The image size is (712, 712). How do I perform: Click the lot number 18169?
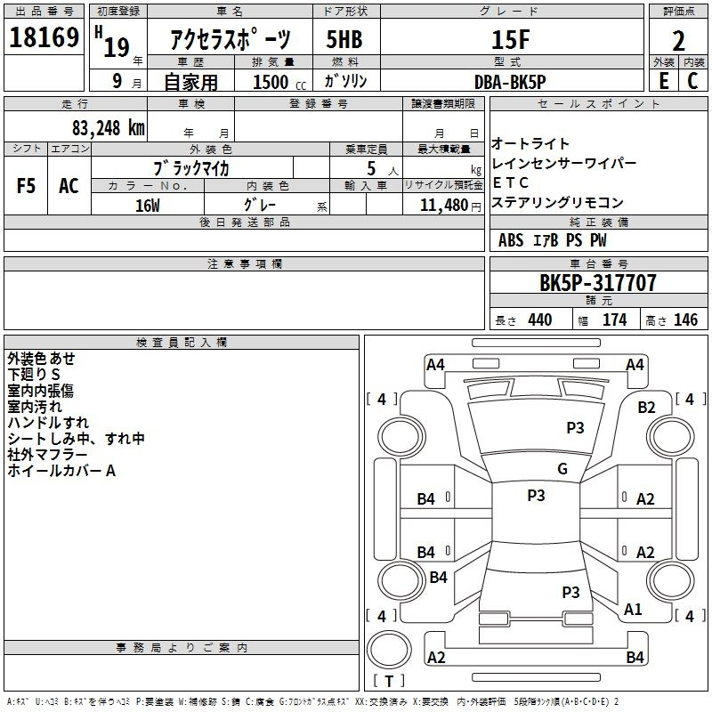[44, 37]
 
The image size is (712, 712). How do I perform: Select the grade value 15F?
[511, 39]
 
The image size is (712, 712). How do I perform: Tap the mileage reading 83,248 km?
[108, 128]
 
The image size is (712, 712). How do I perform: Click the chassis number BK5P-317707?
[598, 282]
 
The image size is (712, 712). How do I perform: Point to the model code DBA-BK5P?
[510, 82]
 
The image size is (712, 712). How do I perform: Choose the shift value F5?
[26, 186]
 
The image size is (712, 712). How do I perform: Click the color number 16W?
[148, 206]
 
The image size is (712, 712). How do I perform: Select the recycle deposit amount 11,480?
[444, 206]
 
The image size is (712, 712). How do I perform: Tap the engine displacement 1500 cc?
[279, 82]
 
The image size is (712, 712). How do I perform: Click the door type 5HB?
[344, 39]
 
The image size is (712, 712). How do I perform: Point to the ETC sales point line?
[510, 182]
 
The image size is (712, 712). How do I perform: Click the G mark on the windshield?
[562, 468]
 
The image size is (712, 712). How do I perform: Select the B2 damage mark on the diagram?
[646, 408]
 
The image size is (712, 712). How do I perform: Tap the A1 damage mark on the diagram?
[633, 609]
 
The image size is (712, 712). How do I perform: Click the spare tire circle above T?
[389, 650]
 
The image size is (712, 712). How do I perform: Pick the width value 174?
[614, 320]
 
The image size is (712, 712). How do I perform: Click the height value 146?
[685, 320]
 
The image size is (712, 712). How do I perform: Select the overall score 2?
[678, 41]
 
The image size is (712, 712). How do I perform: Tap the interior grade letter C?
[692, 81]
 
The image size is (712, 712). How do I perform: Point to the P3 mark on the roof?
[536, 495]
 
